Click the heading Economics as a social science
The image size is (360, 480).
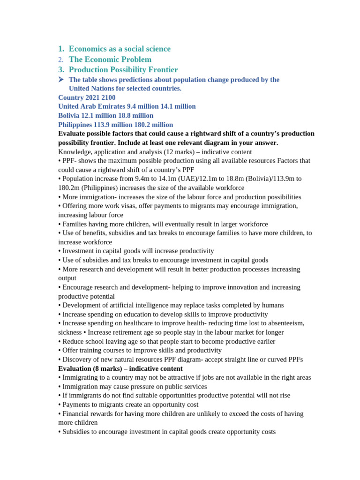(120, 49)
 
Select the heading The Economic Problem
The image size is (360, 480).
(110, 60)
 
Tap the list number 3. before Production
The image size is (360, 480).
(61, 70)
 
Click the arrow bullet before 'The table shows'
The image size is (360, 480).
(61, 80)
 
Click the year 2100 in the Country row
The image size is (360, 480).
(108, 97)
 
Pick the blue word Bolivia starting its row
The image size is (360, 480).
(68, 115)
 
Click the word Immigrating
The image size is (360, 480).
(81, 377)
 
